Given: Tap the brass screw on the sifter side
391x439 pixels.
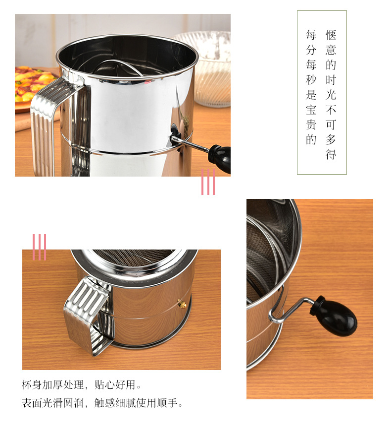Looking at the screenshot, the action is [x=182, y=304].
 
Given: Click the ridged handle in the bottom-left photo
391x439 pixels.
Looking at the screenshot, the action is [x=87, y=314].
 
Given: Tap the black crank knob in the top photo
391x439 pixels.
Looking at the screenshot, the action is [x=220, y=158].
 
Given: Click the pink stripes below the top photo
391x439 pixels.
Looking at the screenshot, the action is [x=208, y=182].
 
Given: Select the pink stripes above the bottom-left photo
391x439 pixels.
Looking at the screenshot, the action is [x=40, y=247].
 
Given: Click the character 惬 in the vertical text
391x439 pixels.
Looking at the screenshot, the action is [x=331, y=35].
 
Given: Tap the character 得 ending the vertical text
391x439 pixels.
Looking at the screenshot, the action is [x=331, y=154].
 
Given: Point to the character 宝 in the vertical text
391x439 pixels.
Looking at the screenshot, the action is [x=311, y=110].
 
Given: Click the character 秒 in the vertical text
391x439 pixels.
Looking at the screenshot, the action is [x=311, y=80].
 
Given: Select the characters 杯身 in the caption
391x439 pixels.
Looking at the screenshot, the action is [x=32, y=385].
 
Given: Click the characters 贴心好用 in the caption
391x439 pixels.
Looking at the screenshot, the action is [x=115, y=385].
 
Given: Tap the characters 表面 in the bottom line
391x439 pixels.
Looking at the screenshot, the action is [x=32, y=403].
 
